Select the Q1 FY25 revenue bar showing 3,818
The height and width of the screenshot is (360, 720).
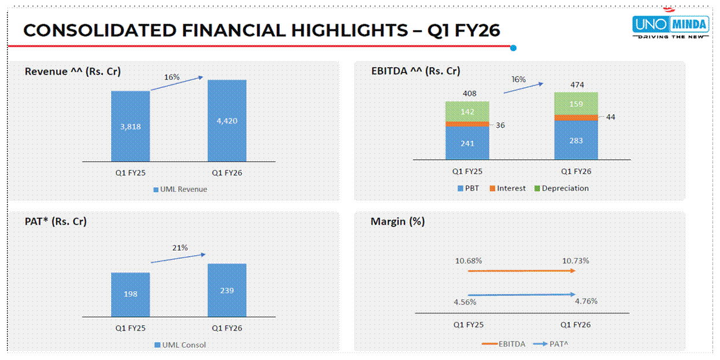[x=131, y=126]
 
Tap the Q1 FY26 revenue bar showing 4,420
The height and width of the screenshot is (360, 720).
[x=227, y=120]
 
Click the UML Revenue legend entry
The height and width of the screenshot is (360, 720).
[x=180, y=189]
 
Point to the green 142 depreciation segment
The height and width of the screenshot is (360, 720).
[x=467, y=112]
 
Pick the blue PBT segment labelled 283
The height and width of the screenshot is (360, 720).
[x=576, y=140]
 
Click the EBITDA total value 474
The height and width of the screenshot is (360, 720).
[x=576, y=85]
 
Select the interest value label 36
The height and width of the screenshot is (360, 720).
[x=500, y=125]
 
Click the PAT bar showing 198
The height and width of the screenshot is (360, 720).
[x=131, y=294]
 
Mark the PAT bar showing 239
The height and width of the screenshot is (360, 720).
[x=227, y=290]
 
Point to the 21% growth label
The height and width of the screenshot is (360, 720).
[x=180, y=248]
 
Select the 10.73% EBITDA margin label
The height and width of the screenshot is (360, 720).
[x=576, y=261]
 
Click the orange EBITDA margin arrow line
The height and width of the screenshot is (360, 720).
[x=520, y=270]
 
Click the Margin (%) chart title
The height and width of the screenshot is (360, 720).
[x=398, y=221]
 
